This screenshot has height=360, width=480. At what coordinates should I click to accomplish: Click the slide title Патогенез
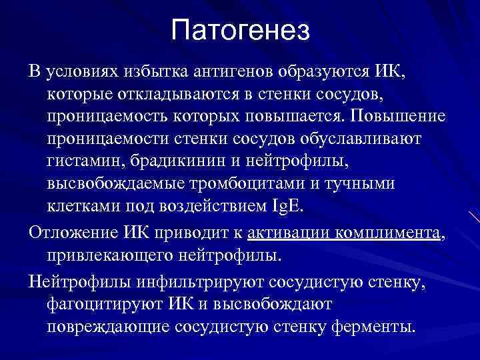point(240,31)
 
